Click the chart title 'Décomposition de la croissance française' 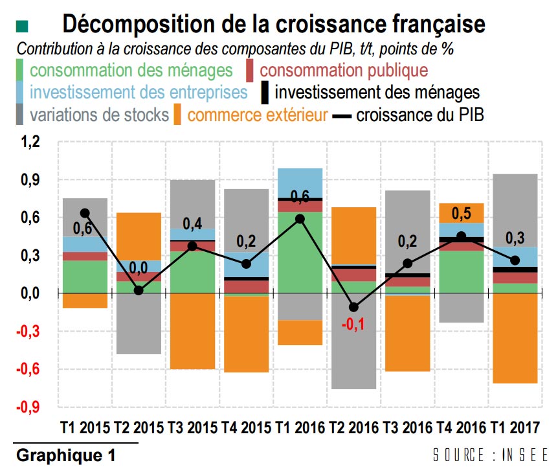[273, 25]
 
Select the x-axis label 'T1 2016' [300, 428]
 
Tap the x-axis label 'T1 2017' [516, 428]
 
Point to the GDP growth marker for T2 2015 [139, 290]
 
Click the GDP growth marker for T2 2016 [353, 307]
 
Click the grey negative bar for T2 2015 [139, 324]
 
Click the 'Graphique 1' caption [65, 455]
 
